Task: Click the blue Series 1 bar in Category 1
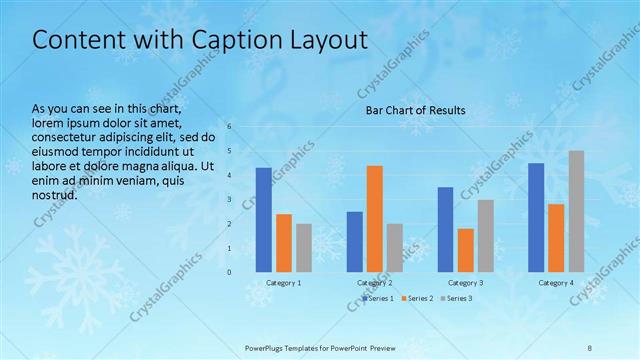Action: [x=264, y=220]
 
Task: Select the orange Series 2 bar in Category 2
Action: [x=375, y=219]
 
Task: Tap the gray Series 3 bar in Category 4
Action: [x=577, y=211]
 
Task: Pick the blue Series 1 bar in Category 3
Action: [x=445, y=230]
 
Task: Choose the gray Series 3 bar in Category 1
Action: [x=304, y=248]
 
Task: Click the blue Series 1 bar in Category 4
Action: [x=536, y=217]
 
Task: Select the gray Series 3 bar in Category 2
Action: [x=395, y=248]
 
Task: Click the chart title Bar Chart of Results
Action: [x=414, y=110]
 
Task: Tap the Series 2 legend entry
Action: [x=418, y=298]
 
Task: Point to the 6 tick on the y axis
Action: [x=230, y=127]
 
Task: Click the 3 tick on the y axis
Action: [x=230, y=199]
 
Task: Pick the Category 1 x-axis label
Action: [x=284, y=283]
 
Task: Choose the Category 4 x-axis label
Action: [x=556, y=283]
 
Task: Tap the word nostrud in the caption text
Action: [x=55, y=195]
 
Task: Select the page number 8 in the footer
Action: [x=589, y=347]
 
